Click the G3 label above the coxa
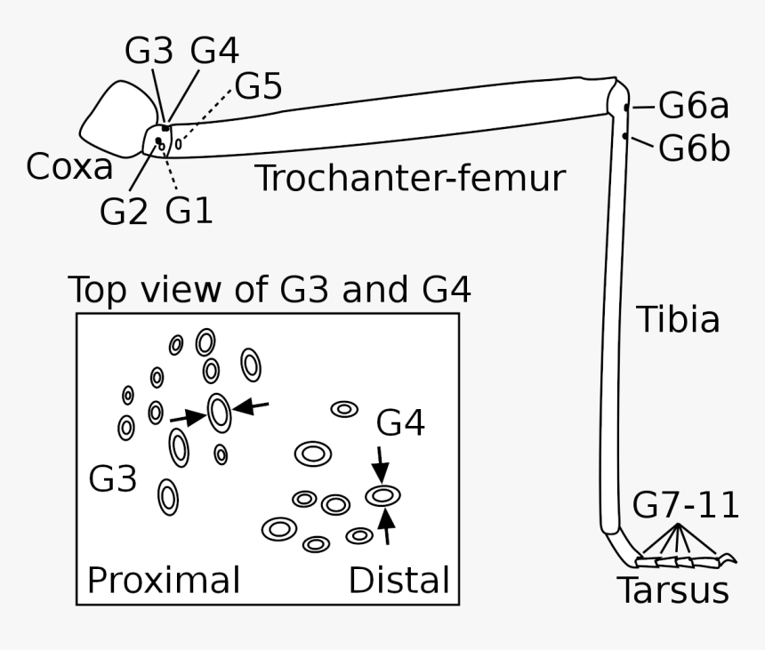tap(149, 52)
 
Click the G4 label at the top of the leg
tap(214, 52)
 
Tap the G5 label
tap(258, 87)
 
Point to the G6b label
tap(694, 148)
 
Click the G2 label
tap(124, 211)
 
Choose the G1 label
tap(189, 211)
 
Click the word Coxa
tap(69, 167)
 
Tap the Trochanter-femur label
tap(410, 179)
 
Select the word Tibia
tap(677, 320)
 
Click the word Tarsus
tap(672, 590)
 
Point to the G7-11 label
tap(686, 506)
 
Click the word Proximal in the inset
tap(164, 580)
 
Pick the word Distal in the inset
tap(398, 580)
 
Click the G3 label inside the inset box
tap(113, 480)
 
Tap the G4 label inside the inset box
tap(400, 424)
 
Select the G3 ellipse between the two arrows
tap(219, 412)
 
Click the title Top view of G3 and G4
tap(270, 290)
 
